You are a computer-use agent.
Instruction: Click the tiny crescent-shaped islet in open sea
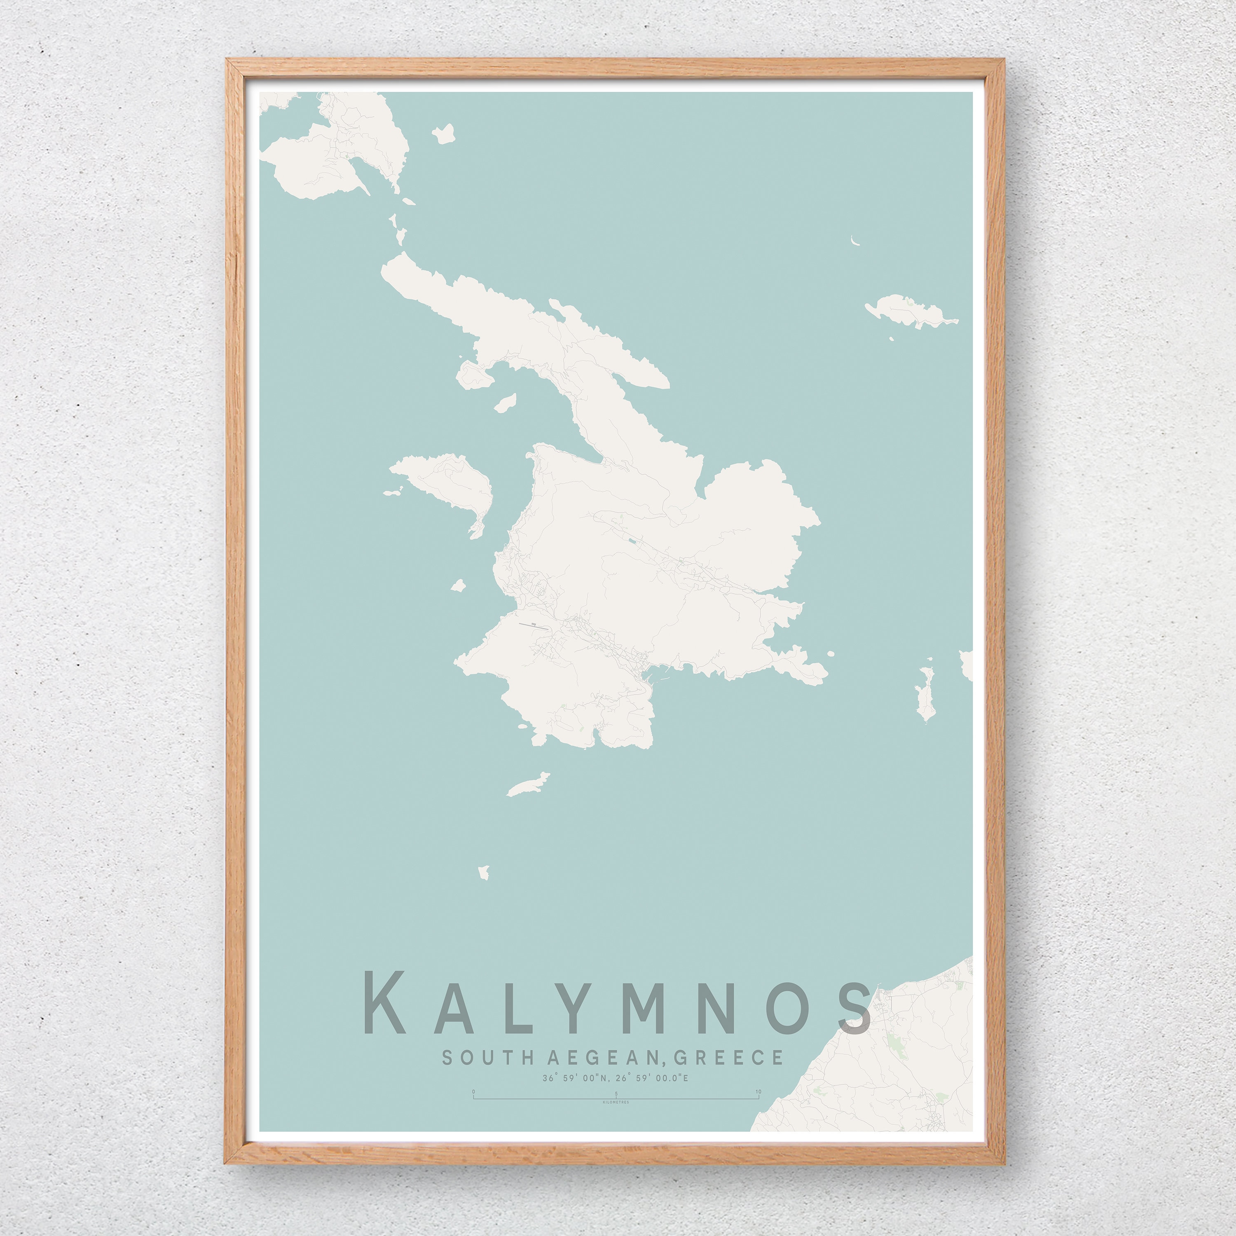[855, 241]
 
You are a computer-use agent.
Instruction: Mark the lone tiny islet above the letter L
[484, 872]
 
